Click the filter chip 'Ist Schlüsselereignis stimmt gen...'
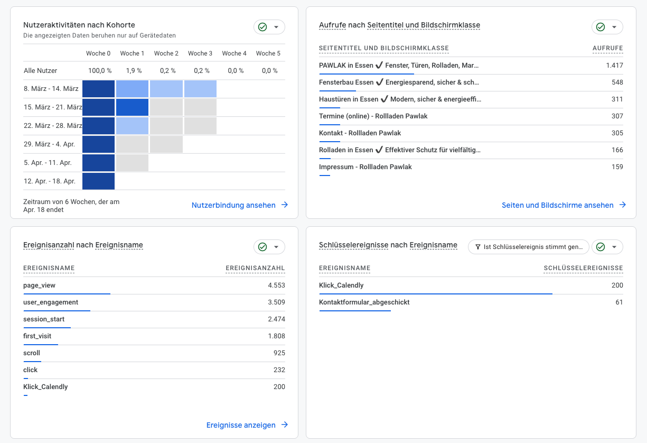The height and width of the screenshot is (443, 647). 528,247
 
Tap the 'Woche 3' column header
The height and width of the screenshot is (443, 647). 200,53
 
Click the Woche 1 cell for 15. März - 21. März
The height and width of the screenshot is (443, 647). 133,107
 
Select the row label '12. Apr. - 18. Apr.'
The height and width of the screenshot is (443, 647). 50,181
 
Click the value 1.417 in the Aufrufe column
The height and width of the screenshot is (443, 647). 614,66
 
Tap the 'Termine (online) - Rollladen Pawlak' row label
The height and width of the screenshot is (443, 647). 373,116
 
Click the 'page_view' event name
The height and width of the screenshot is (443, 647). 40,285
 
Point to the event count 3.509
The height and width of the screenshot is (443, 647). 276,302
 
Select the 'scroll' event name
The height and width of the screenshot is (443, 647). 32,353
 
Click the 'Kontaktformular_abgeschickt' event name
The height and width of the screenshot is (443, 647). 364,302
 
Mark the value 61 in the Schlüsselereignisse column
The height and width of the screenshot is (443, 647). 618,302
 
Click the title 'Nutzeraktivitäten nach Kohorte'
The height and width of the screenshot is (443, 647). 79,25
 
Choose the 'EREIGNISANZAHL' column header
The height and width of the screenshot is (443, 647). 255,269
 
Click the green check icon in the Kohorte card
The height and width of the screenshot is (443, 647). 262,27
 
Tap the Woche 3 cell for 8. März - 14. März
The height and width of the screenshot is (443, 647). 200,89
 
